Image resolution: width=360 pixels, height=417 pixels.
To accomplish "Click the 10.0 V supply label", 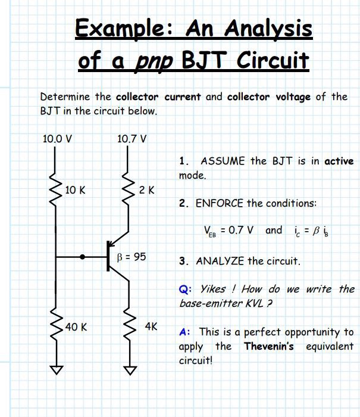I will pos(57,139).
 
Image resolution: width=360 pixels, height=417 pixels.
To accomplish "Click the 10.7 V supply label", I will pos(132,139).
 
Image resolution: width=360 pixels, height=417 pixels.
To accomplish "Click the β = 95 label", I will pos(132,257).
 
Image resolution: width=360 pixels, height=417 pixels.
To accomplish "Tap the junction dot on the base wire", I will pos(84,257).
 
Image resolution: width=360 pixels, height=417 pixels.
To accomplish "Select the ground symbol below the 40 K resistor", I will pos(57,370).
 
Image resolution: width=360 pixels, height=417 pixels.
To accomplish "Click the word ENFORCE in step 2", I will pos(220,203).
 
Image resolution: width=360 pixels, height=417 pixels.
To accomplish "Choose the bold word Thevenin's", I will pos(268,346).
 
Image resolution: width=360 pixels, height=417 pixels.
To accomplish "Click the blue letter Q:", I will pos(185,289).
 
